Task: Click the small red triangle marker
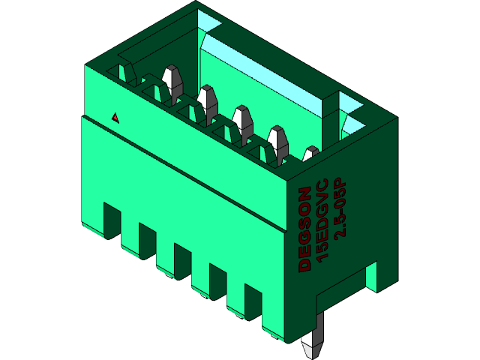(115, 118)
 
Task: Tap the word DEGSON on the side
(304, 228)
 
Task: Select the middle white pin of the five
(242, 120)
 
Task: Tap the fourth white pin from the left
(277, 140)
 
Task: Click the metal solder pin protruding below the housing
(313, 341)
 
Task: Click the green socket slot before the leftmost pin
(121, 72)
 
